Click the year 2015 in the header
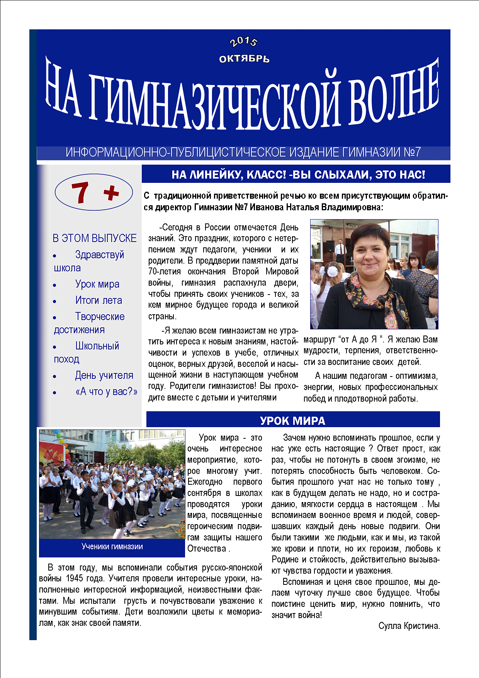(x=243, y=41)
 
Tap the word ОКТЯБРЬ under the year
(x=244, y=59)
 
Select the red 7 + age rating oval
(x=94, y=192)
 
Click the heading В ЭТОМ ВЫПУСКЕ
(x=95, y=238)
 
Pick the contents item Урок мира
(x=97, y=284)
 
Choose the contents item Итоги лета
(x=99, y=300)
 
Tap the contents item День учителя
(x=104, y=375)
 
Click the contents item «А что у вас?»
(x=106, y=392)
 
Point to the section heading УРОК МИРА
(x=292, y=421)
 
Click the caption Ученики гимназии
(x=112, y=547)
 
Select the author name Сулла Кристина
(x=409, y=626)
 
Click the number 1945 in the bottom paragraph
(x=75, y=579)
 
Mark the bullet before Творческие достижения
(x=55, y=318)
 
